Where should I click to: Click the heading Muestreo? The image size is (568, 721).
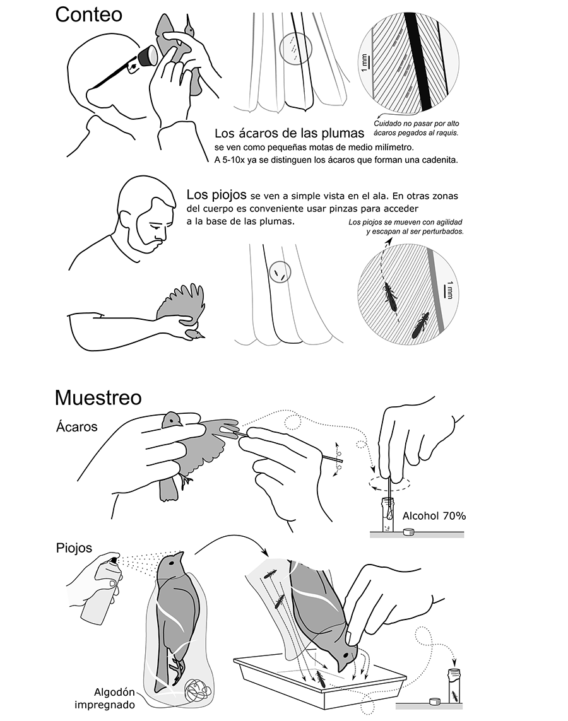(x=98, y=397)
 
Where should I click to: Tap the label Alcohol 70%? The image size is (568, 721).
(x=434, y=515)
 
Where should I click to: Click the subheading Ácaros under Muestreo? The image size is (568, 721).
(x=76, y=426)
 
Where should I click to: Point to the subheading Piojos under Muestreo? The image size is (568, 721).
(x=74, y=548)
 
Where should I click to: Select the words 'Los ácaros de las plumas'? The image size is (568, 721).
(x=289, y=133)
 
